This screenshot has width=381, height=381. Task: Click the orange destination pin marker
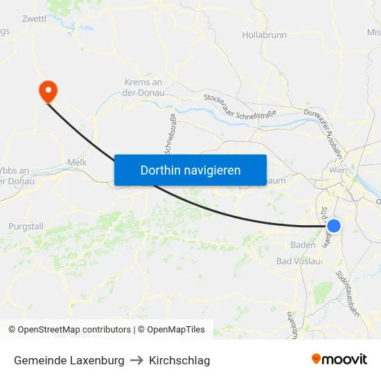point(48,90)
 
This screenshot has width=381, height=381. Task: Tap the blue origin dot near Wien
point(334,226)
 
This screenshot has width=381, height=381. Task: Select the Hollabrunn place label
point(264,35)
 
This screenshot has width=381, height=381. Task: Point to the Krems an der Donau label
point(144,87)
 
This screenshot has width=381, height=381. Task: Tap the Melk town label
point(76,162)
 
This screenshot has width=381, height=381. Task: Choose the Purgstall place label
point(26,227)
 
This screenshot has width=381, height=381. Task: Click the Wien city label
point(338,170)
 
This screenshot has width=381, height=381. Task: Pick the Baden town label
point(303,245)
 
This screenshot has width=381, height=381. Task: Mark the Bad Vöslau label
point(298,261)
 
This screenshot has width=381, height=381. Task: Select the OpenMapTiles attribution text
point(173,330)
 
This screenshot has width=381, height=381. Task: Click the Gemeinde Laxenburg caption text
point(69,360)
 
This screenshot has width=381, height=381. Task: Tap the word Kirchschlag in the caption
point(179,360)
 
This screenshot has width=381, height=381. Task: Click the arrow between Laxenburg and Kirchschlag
point(136,360)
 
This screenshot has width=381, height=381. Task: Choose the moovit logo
point(339,359)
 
